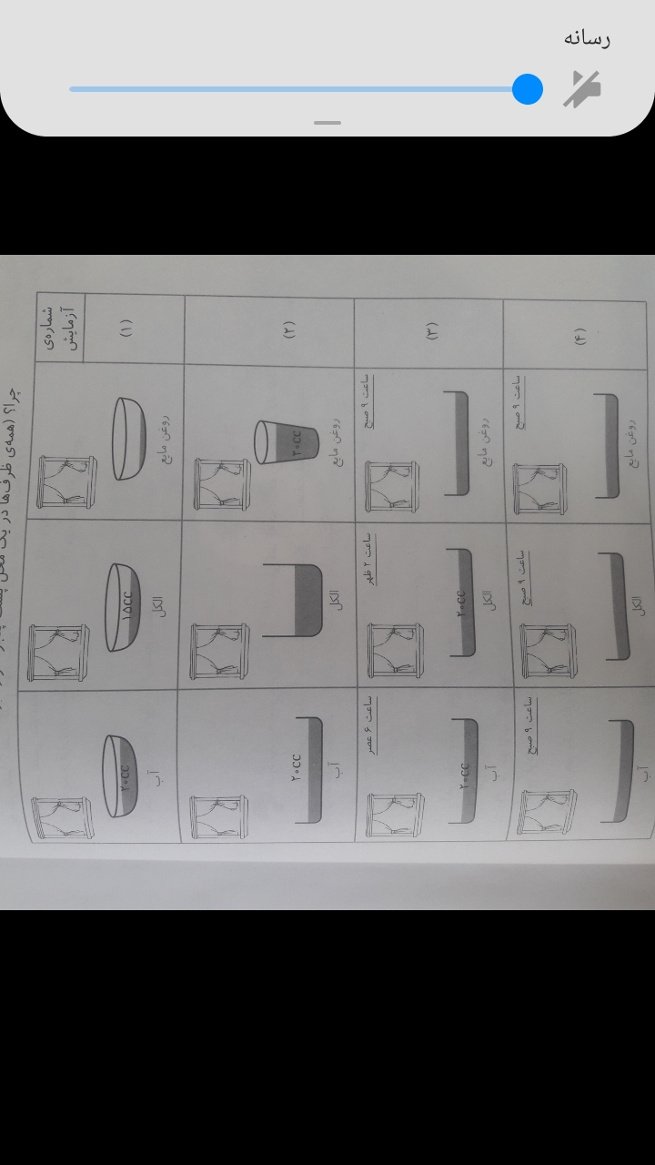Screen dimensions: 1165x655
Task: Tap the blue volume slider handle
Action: point(528,89)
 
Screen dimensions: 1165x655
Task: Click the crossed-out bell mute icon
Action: point(581,89)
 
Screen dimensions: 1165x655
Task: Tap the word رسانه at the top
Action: point(586,38)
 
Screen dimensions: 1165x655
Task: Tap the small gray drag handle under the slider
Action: point(327,123)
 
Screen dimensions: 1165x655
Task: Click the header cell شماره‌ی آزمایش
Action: point(60,327)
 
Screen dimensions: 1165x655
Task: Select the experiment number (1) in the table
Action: point(126,328)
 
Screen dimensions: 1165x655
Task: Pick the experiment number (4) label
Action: point(579,335)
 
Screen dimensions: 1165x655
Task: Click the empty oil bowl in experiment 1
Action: point(130,439)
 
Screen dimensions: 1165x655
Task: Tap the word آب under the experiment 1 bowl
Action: point(162,775)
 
